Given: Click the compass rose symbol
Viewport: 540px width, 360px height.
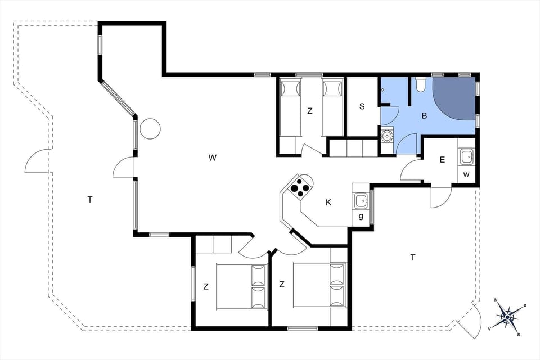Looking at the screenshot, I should [507, 317].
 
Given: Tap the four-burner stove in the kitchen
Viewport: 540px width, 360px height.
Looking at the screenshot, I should [300, 186].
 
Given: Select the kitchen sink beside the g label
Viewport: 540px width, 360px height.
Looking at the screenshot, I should [360, 199].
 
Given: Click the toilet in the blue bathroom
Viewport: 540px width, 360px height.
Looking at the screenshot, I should [420, 85].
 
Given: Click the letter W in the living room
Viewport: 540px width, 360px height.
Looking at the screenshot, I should [212, 158].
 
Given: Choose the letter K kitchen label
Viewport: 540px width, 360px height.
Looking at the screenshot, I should [328, 202].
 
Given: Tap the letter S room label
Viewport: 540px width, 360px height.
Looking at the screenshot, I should [362, 106].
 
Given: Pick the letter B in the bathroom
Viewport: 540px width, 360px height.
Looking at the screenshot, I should [425, 116].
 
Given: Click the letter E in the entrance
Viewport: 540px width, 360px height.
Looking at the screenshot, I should [442, 160].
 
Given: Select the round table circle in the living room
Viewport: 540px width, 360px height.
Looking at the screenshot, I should [150, 129].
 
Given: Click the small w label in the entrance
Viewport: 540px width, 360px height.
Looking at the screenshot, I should [466, 174].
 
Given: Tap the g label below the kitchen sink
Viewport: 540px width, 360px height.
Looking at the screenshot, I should [360, 217].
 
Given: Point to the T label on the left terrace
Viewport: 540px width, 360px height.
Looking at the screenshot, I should [89, 199].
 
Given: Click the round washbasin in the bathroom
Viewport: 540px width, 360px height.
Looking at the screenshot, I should [386, 136].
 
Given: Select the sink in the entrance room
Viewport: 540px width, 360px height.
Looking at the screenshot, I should [467, 156].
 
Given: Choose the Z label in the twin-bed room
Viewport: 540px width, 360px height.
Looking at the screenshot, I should [309, 111].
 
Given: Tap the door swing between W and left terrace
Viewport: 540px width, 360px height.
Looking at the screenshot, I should [124, 168].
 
